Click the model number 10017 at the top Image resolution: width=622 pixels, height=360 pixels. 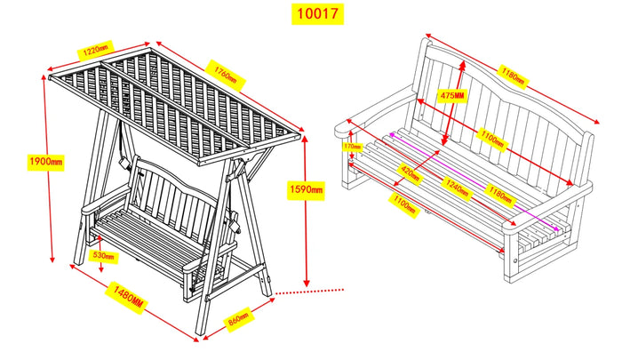[x=315, y=14]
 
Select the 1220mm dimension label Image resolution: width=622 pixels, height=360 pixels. [x=92, y=51]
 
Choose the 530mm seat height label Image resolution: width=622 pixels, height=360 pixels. [x=104, y=256]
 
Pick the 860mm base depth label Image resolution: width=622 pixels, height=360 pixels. [x=237, y=315]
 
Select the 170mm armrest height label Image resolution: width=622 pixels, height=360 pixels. [x=353, y=147]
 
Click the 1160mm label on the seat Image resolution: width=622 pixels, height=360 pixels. [x=503, y=192]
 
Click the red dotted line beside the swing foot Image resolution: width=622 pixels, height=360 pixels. [x=311, y=290]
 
